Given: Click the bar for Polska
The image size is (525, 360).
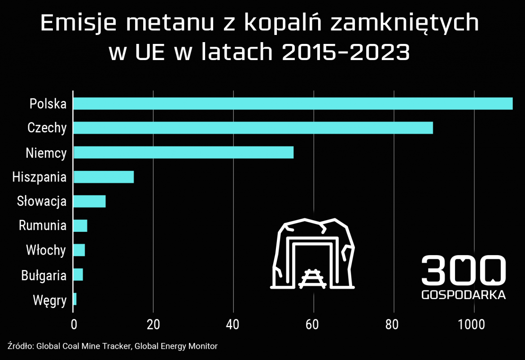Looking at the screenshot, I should pos(293,104).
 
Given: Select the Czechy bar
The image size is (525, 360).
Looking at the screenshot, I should pos(253,128).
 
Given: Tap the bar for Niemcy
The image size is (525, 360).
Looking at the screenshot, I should pos(183,152).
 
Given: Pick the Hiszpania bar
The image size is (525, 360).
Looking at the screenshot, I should pos(104,177).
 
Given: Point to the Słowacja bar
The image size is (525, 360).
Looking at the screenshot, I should pos(89,201).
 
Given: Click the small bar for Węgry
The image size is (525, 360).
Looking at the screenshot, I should pos(75,299).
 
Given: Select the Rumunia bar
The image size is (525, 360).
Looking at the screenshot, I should pos(80,226).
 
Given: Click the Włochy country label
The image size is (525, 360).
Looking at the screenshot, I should pos(46,250).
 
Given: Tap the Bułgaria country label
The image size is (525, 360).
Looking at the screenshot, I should pos(44,275).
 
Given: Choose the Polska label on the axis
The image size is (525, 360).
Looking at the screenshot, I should pos(48,104).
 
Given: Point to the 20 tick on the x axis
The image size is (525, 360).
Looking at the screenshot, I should pos(153,324).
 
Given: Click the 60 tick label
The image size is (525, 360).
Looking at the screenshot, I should pos(313,324).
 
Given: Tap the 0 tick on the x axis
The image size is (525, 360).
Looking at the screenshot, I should pos(74,324).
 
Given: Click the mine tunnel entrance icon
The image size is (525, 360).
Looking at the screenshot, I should pos(313,254).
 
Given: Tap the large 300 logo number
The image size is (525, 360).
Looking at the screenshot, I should pos(464,270).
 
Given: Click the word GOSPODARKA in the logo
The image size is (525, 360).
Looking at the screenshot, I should pos(464,295).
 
